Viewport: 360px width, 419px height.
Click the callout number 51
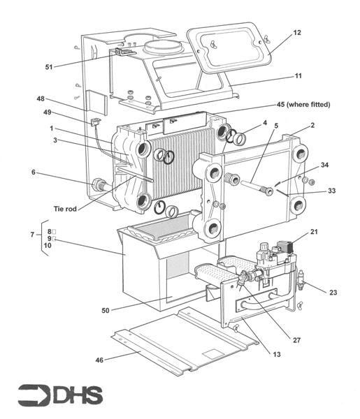pos(49,67)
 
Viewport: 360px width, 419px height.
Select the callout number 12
pos(297,33)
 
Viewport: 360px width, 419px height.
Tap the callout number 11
pos(298,76)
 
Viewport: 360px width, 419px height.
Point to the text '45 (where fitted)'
pos(303,105)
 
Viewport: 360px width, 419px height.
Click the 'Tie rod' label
pos(65,209)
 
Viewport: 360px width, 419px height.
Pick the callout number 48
pos(41,99)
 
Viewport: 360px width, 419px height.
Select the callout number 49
pos(48,112)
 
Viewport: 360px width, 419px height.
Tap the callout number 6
pos(34,172)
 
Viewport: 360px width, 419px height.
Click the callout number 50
pos(106,310)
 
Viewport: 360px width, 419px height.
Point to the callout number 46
pos(99,360)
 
